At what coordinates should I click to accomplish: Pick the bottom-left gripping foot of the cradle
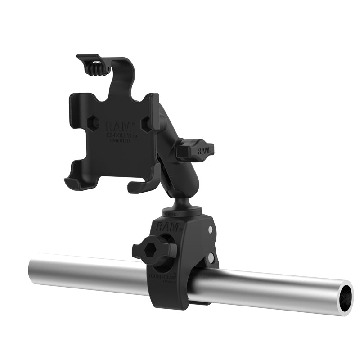(74, 180)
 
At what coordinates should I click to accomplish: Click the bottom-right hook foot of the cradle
(138, 185)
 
